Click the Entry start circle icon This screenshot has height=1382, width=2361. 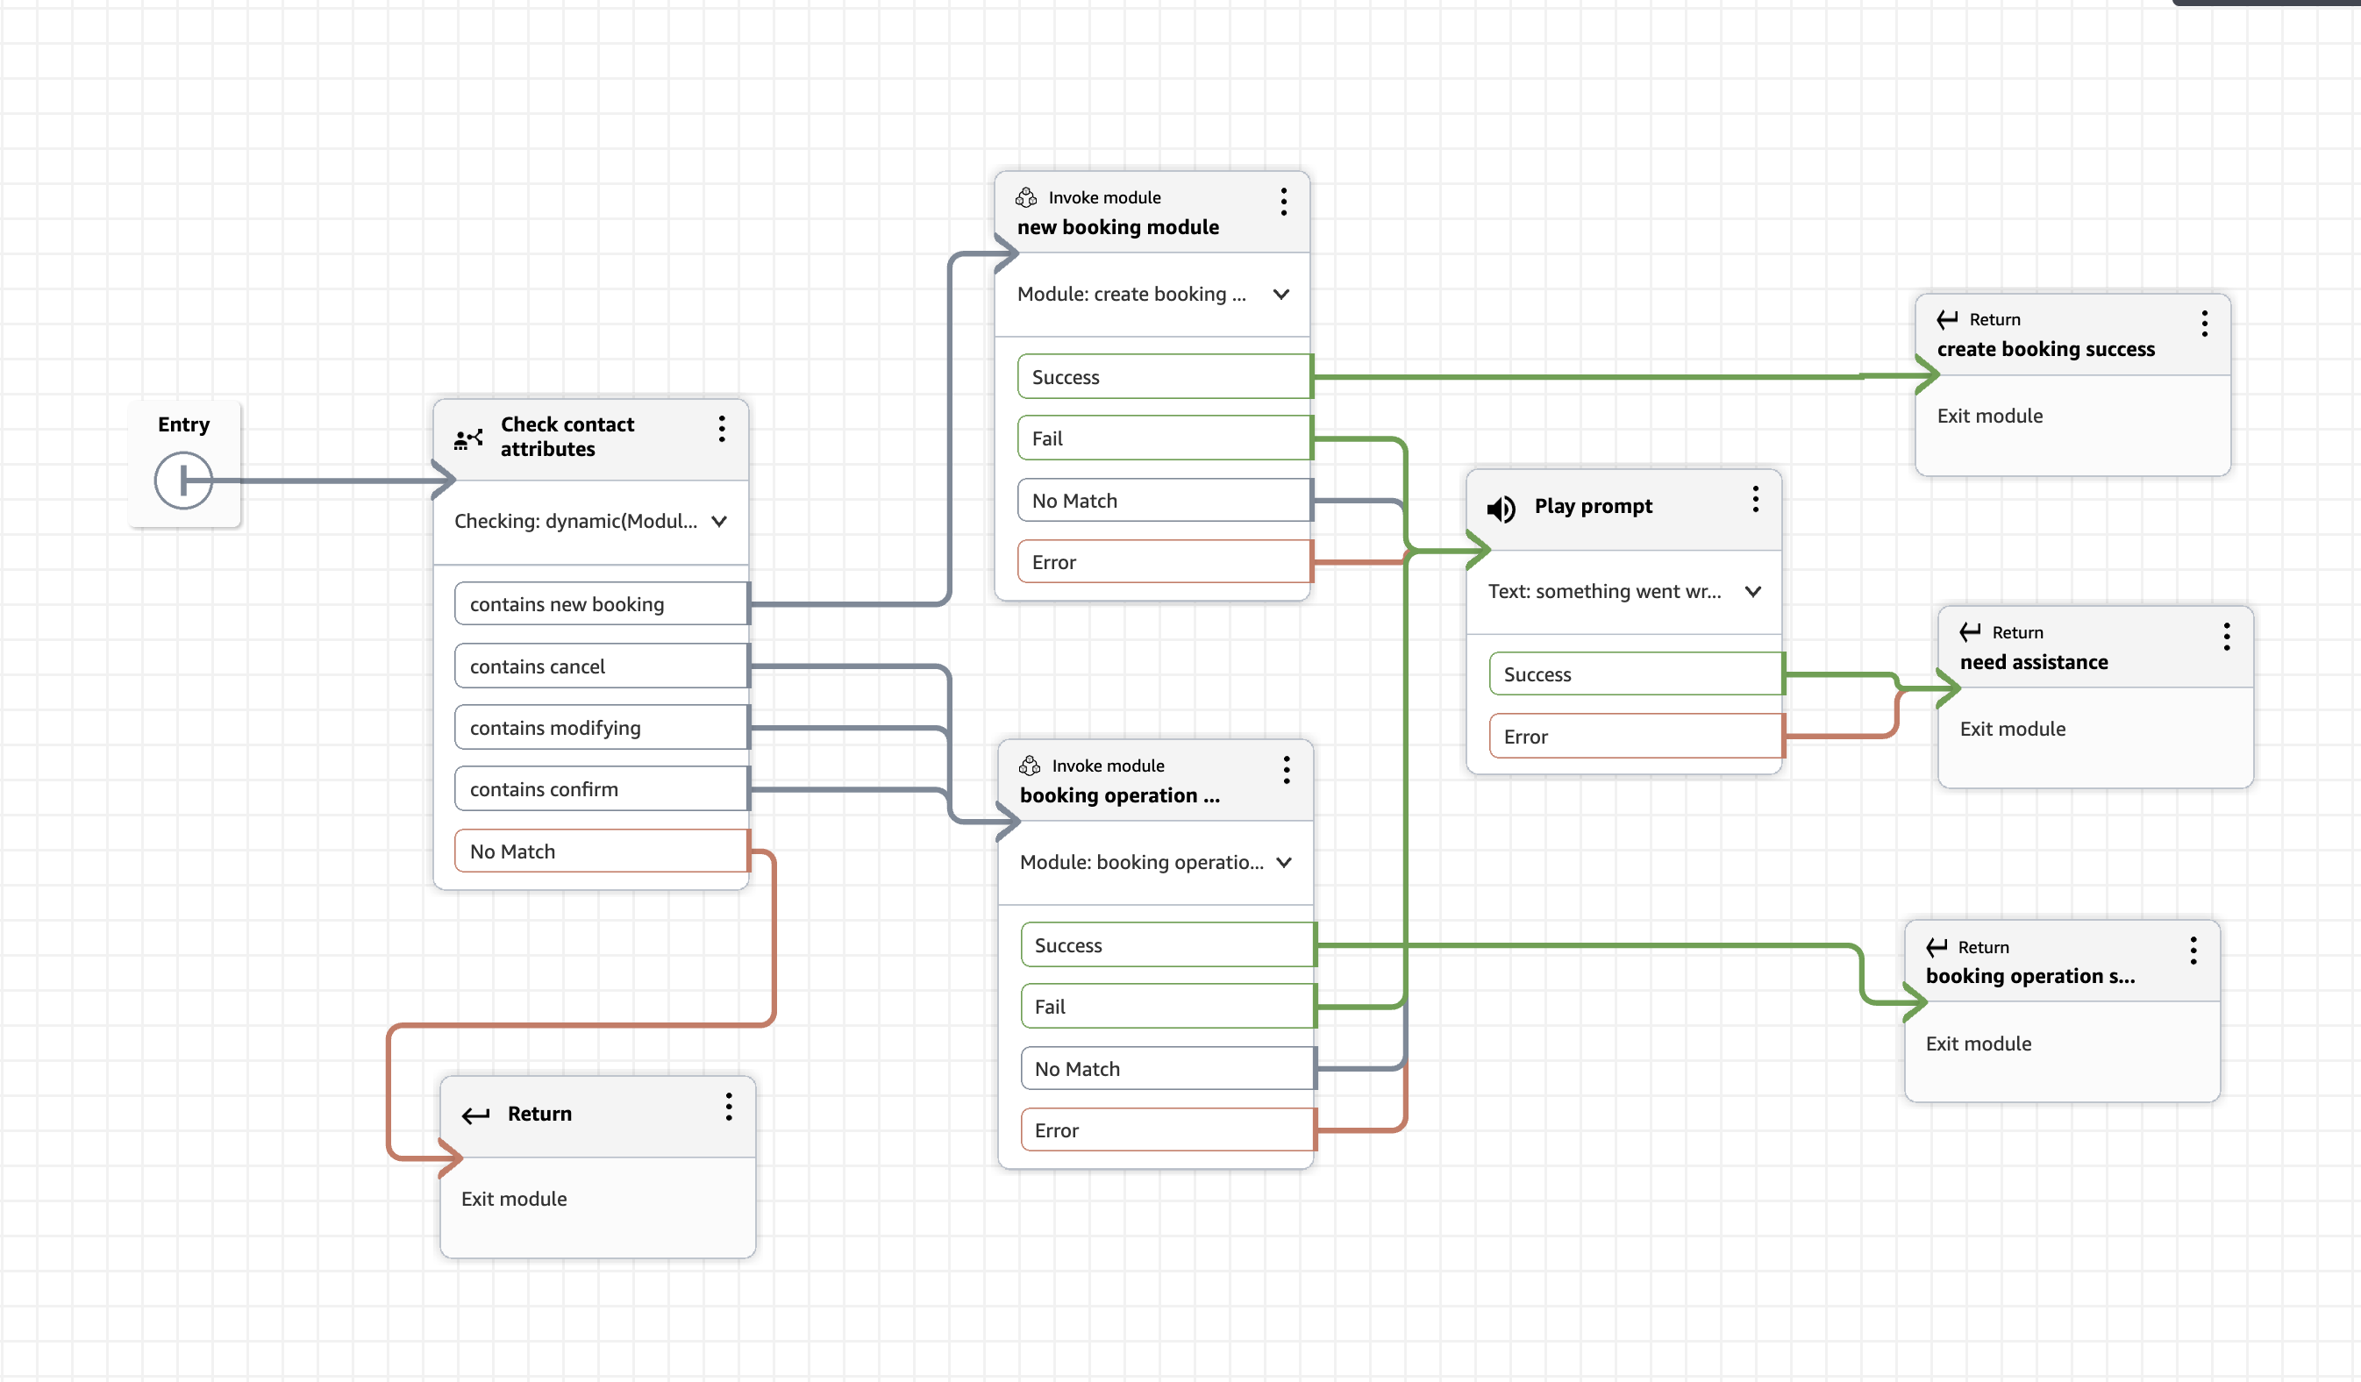point(182,481)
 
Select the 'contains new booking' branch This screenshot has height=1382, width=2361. point(601,604)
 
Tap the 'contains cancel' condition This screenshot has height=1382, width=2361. point(601,666)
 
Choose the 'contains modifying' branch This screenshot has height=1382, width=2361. point(601,728)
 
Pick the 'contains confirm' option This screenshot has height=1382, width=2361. point(601,789)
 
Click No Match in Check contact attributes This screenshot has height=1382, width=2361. point(601,851)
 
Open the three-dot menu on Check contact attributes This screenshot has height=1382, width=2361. point(722,429)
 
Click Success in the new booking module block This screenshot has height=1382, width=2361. point(1165,377)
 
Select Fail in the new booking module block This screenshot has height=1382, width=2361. point(1165,438)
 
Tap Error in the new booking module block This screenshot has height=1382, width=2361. point(1165,562)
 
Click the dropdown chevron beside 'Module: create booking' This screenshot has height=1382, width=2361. point(1280,295)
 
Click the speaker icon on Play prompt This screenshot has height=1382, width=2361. point(1501,509)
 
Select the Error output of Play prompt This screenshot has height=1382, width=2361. point(1636,737)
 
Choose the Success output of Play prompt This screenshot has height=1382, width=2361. point(1636,674)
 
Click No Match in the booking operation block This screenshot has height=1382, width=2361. point(1167,1069)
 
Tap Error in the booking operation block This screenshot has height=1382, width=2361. point(1167,1130)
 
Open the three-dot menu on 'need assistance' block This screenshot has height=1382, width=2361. point(2227,638)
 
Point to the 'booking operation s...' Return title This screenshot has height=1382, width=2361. point(2030,976)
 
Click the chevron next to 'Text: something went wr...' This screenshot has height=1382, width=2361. point(1753,591)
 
